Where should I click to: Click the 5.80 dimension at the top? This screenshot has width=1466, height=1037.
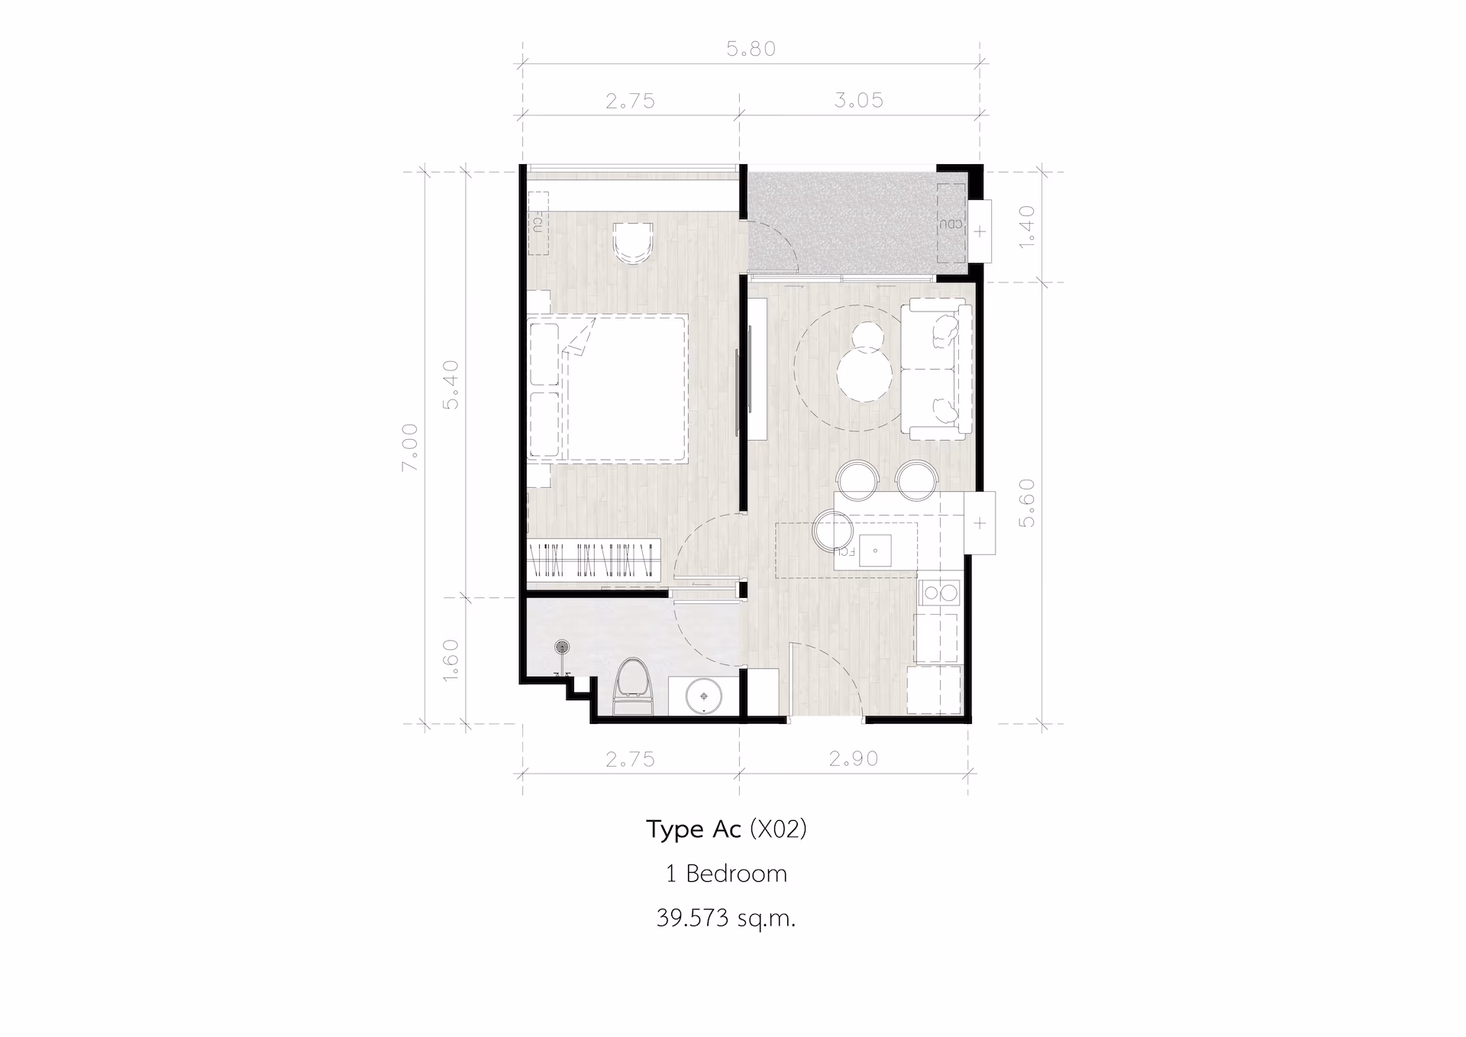tap(751, 49)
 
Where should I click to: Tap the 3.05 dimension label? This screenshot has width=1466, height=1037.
tap(858, 100)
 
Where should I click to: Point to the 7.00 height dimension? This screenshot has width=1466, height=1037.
tap(410, 447)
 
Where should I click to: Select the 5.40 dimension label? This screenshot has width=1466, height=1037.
tap(451, 385)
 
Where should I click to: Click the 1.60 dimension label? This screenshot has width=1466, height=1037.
tap(451, 660)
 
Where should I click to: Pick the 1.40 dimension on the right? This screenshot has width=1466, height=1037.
tap(1027, 225)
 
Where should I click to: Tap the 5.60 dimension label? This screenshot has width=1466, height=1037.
tap(1027, 502)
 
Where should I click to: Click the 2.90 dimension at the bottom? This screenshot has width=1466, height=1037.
tap(854, 758)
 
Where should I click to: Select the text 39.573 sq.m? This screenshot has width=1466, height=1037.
tap(726, 917)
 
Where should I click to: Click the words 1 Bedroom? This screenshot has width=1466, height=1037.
tap(726, 873)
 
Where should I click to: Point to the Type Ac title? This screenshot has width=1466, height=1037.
tap(693, 829)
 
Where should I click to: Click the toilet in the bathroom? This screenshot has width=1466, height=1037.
tap(633, 686)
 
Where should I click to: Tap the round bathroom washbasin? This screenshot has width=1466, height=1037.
tap(702, 696)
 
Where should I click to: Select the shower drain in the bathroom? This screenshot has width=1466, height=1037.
tap(563, 648)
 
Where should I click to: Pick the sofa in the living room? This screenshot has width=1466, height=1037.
tap(936, 370)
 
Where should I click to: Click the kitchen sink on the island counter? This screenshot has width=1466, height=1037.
tap(875, 550)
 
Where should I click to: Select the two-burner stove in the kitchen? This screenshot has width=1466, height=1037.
tap(939, 592)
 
